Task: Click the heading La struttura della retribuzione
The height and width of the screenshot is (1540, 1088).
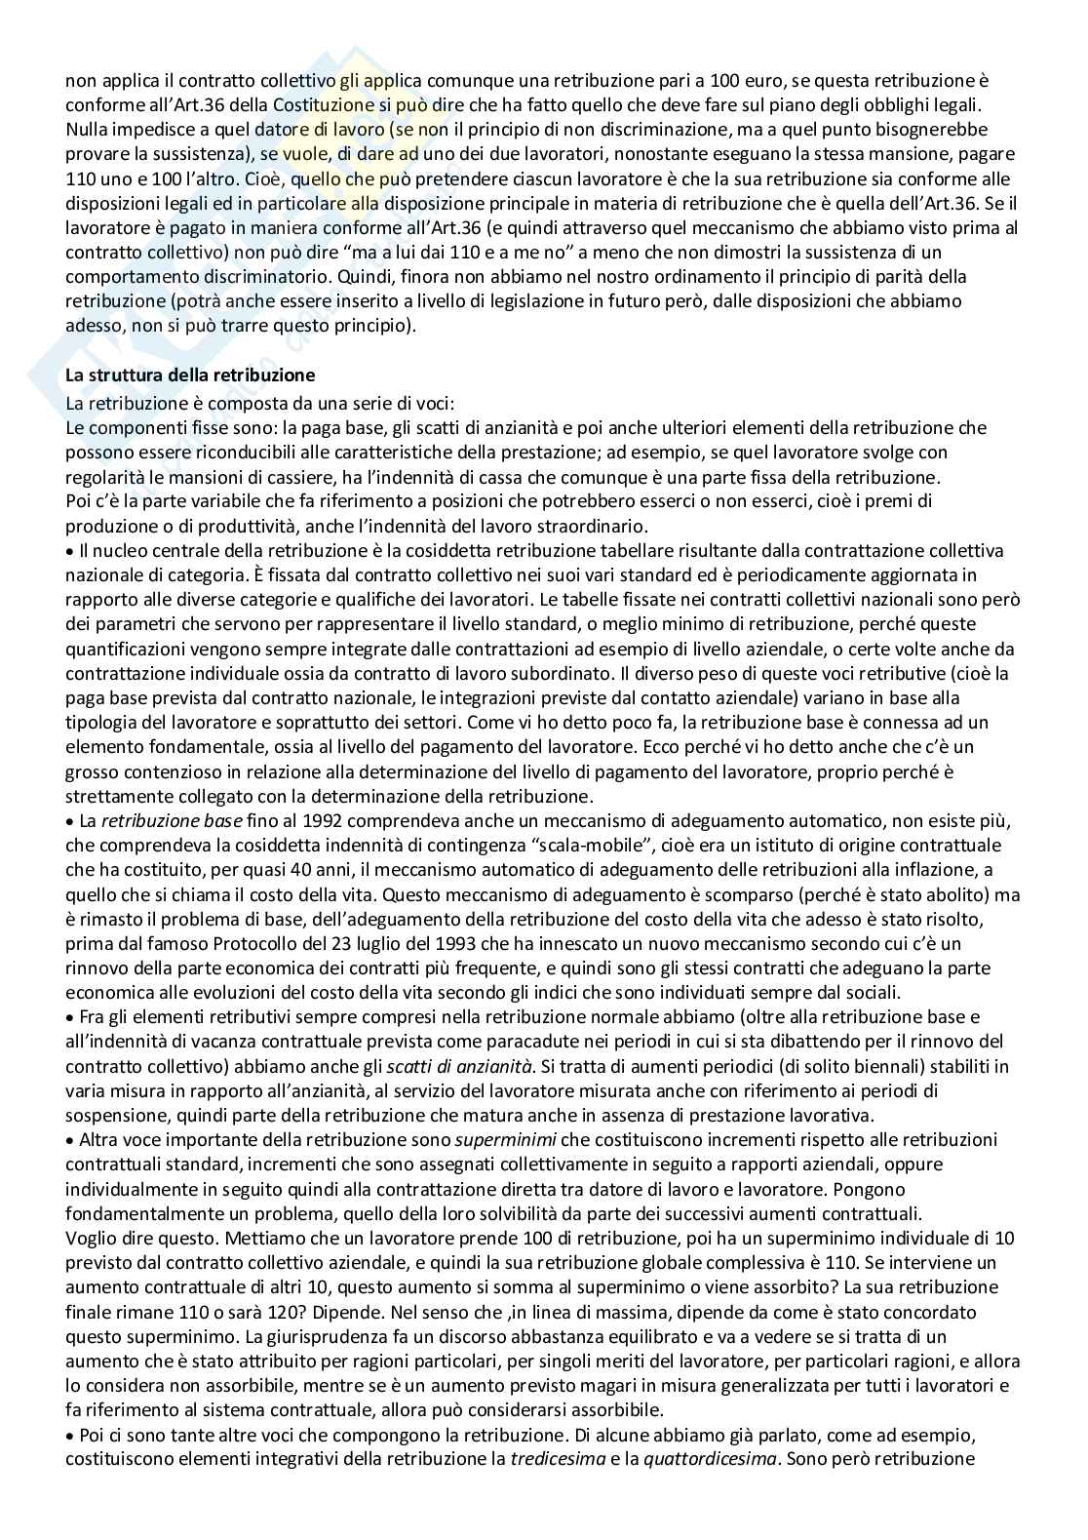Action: (x=190, y=375)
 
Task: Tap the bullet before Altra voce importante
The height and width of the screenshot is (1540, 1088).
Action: (x=69, y=1140)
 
